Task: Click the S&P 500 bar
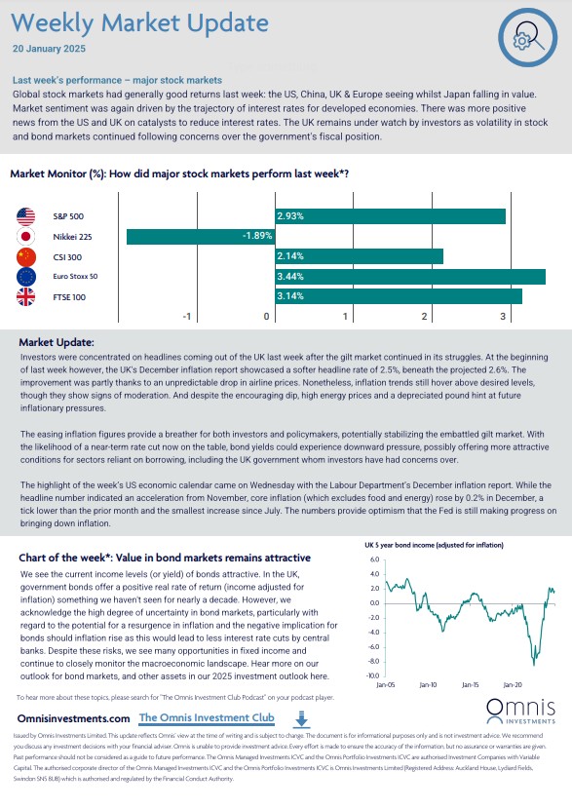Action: [391, 216]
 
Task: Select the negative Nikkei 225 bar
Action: [201, 236]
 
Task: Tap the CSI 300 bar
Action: [359, 256]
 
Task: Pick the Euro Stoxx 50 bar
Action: [410, 277]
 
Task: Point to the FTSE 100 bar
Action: [399, 296]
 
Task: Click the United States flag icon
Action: [25, 216]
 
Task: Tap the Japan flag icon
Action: [25, 237]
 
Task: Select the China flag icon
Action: [25, 257]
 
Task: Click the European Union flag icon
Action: [25, 277]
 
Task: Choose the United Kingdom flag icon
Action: [25, 297]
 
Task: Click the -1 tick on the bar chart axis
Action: [187, 316]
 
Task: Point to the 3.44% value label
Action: [290, 277]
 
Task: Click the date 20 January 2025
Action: [49, 49]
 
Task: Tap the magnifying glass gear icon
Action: [527, 37]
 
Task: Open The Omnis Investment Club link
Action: [207, 717]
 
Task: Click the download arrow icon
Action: [302, 718]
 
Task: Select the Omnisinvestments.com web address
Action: [74, 718]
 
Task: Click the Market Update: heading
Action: [57, 342]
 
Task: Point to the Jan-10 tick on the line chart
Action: [428, 684]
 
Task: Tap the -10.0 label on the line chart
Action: [373, 675]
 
